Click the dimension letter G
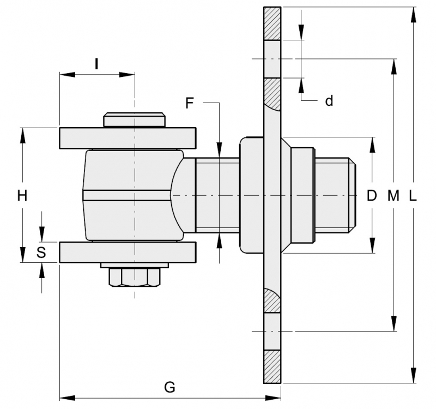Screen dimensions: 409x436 point(169,387)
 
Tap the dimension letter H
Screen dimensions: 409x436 point(22,195)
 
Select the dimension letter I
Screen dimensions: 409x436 point(96,64)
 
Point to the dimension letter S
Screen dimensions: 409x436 point(41,252)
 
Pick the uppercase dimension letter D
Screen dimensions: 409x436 point(372,195)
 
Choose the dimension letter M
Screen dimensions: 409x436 point(393,195)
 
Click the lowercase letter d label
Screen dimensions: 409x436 point(329,101)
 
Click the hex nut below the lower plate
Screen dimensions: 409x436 point(135,278)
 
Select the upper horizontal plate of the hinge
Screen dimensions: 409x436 point(128,138)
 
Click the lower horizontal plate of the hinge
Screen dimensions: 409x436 point(128,252)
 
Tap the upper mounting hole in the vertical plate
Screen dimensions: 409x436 point(272,59)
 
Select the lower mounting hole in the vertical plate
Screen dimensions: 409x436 point(272,330)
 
